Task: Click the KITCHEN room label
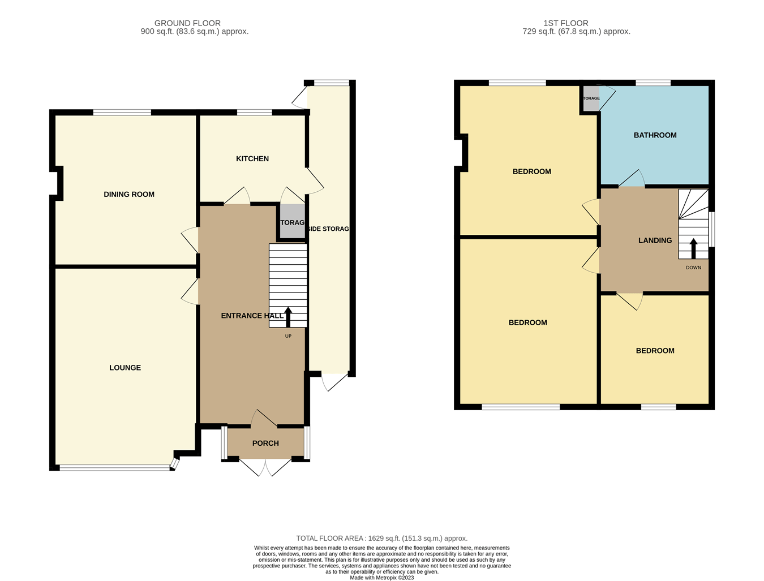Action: pos(252,159)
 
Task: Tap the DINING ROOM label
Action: pos(129,195)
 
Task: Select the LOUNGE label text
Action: pos(125,368)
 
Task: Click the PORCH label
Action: pos(265,444)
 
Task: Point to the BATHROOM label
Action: pos(655,135)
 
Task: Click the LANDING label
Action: pos(655,240)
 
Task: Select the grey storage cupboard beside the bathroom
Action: pos(590,98)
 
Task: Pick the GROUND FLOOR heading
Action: pos(187,23)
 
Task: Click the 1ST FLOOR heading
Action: pos(565,23)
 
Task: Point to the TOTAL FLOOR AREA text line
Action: pos(382,539)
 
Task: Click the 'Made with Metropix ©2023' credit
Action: pos(382,578)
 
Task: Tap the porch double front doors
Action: pos(265,466)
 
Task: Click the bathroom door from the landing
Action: pos(632,179)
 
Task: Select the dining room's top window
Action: pos(122,113)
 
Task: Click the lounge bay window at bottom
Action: pos(115,468)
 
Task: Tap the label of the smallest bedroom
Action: pos(655,351)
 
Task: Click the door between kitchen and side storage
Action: pos(314,180)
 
